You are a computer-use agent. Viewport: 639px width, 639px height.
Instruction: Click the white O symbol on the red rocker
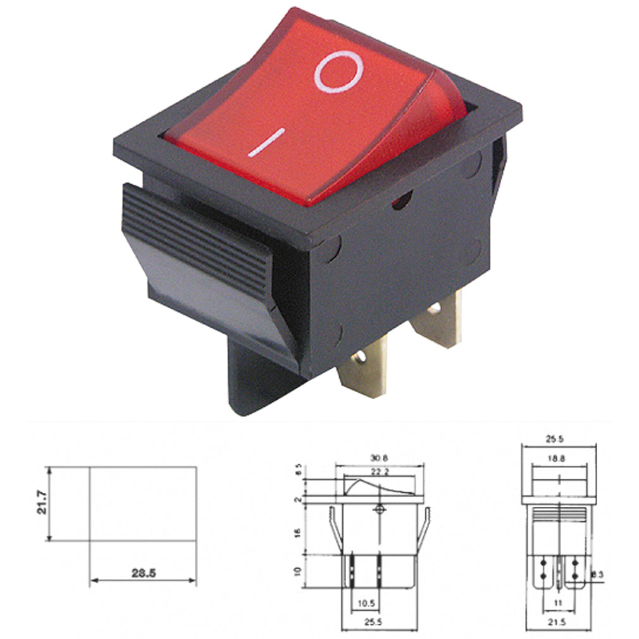click(338, 73)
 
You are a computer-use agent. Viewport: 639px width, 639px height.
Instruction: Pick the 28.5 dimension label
click(144, 574)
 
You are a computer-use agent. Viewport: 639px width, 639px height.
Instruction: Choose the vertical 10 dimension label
click(297, 572)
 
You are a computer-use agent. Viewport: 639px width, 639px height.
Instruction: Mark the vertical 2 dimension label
click(297, 500)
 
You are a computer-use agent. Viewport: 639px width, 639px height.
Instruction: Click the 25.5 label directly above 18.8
click(559, 438)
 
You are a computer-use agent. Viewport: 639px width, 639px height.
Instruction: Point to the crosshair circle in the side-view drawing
click(380, 509)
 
